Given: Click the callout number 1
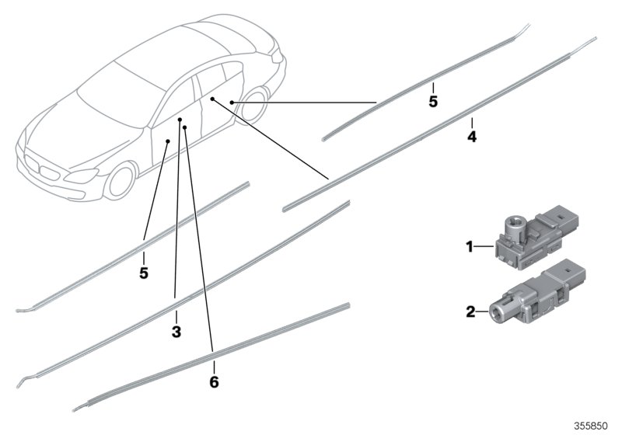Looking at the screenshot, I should point(469,247).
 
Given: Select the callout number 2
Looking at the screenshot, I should point(469,312).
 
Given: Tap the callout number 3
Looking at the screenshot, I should point(176,332).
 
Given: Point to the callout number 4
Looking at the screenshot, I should point(472,137).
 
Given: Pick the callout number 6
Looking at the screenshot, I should point(214,381).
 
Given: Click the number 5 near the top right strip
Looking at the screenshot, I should point(433,101).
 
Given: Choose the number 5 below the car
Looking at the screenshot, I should point(144,273).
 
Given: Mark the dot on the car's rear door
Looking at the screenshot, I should point(212,100).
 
